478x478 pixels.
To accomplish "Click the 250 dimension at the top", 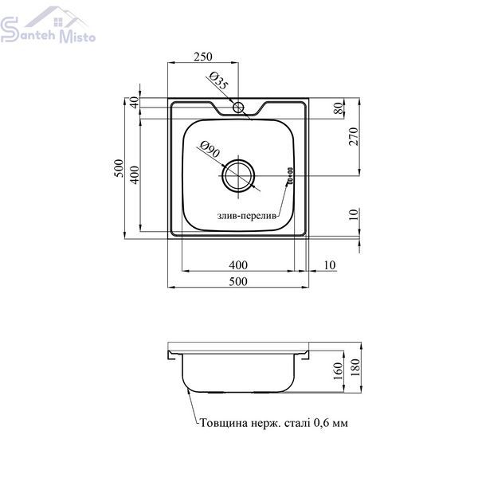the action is click(x=202, y=57).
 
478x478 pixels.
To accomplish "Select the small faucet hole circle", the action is click(x=238, y=108).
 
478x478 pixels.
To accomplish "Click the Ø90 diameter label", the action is click(x=210, y=149).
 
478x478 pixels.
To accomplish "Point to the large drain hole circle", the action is click(x=237, y=176).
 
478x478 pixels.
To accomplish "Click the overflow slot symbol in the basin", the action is click(x=290, y=176).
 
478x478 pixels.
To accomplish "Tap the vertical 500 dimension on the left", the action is click(x=119, y=168).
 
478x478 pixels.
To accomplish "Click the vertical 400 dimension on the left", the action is click(x=135, y=174).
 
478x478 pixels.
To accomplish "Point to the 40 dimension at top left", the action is click(x=135, y=102).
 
